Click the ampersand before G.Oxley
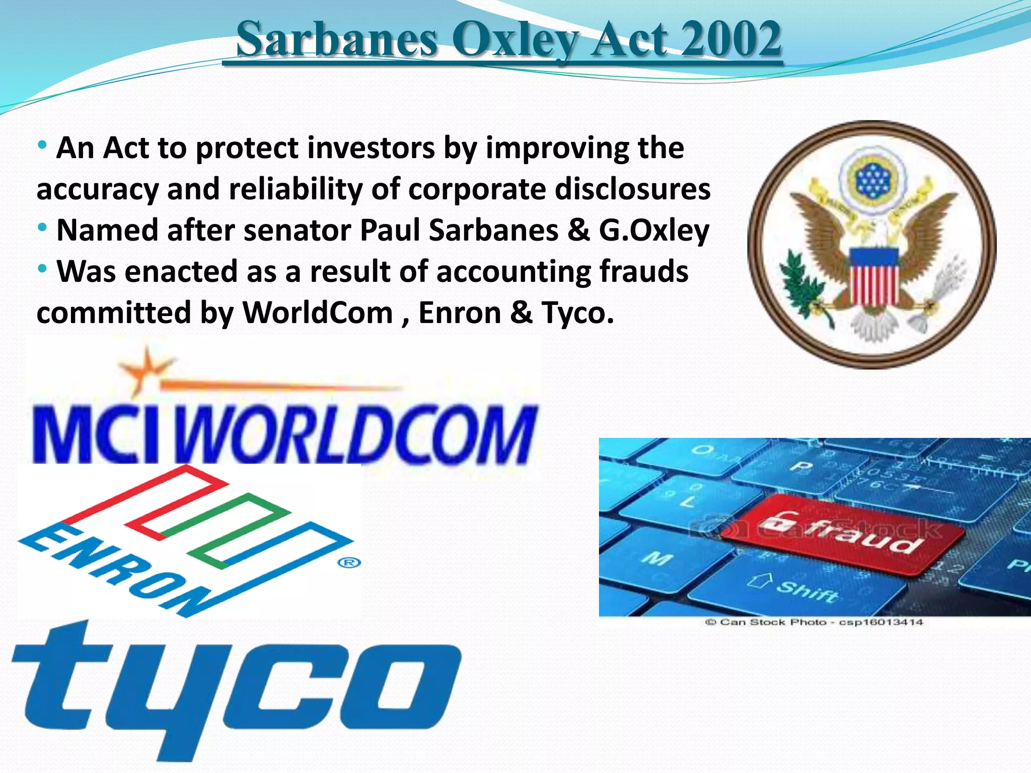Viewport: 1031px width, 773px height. [x=578, y=230]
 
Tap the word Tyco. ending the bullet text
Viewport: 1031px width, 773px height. [x=578, y=313]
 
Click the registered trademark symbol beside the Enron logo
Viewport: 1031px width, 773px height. [x=349, y=562]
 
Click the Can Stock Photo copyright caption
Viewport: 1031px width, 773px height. [x=814, y=623]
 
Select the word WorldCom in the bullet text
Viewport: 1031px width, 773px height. [x=318, y=313]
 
